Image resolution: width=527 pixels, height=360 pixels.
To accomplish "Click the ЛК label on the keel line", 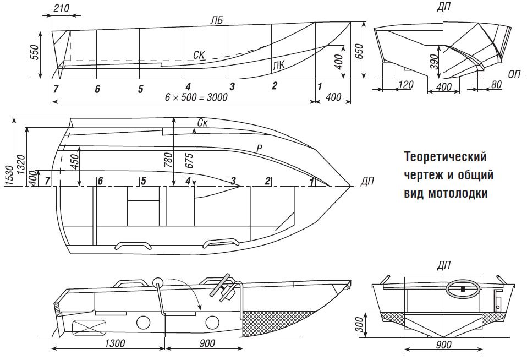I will [x=279, y=66].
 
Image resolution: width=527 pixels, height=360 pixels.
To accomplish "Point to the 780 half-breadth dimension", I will [x=169, y=160].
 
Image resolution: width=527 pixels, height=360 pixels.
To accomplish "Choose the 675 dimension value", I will [x=190, y=160].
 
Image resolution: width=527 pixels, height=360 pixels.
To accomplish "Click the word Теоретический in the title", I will [x=446, y=157].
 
